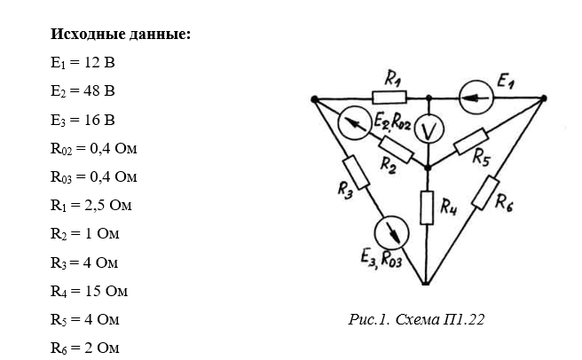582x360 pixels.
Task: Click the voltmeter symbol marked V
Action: point(429,130)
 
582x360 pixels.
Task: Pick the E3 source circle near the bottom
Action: point(389,233)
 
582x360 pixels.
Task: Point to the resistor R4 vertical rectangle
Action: point(428,209)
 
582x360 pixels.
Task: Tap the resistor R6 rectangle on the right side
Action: point(486,192)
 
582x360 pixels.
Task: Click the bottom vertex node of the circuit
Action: point(428,284)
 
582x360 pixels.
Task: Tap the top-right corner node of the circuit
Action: point(543,98)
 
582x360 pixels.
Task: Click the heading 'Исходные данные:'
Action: point(121,35)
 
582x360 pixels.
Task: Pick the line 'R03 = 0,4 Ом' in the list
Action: point(94,176)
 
